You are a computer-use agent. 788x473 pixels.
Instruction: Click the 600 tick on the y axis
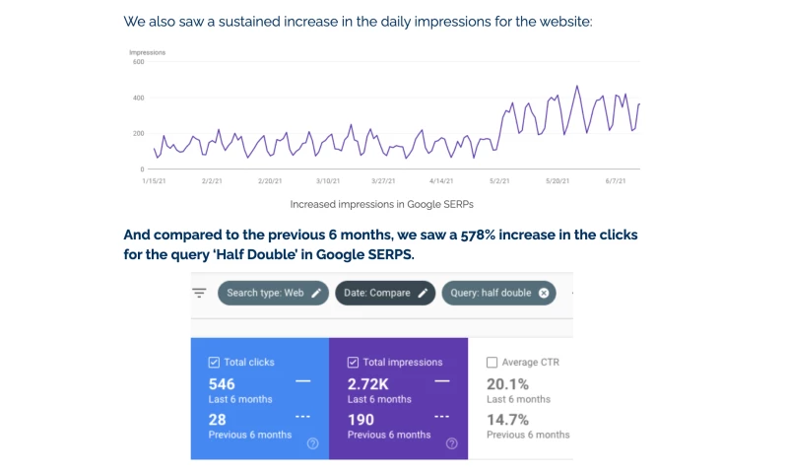(138, 62)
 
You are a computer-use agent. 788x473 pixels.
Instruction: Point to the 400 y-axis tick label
(138, 98)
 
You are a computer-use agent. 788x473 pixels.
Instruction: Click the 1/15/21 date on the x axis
(154, 181)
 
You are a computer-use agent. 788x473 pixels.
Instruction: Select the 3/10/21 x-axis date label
(328, 181)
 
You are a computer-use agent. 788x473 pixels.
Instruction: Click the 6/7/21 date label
(617, 181)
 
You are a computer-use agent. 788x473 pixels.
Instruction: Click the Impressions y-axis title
(147, 51)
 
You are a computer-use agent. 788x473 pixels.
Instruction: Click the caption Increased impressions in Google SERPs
(381, 205)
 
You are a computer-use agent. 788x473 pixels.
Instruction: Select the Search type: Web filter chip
(273, 293)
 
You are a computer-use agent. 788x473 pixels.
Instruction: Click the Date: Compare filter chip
(385, 293)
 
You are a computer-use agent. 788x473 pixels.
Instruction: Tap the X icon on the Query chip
(544, 293)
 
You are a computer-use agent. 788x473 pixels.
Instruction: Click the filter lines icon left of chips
(199, 293)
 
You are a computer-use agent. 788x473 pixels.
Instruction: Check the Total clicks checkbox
(215, 363)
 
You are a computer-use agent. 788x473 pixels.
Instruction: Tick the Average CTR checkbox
(492, 363)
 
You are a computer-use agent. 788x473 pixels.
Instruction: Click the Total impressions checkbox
(354, 363)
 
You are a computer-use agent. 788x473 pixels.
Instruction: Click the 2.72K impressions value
(368, 383)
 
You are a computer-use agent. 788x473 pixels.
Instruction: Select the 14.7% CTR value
(508, 420)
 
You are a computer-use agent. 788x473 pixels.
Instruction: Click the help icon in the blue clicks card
(312, 443)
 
